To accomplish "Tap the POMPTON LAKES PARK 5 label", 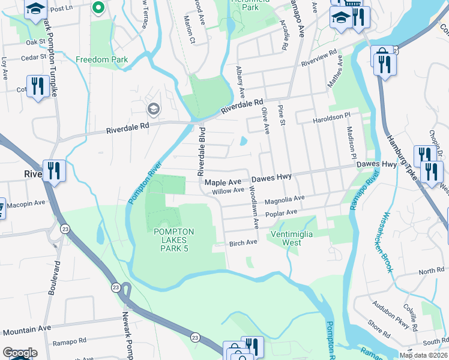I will [173, 240].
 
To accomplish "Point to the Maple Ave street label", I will [223, 181].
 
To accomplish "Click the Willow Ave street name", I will [229, 191].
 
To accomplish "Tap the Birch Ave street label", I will [243, 242].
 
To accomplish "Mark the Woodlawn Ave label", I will [255, 207].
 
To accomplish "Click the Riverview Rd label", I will [319, 58].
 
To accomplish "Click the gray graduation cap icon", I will [153, 109].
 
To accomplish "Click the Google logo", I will [19, 353].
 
